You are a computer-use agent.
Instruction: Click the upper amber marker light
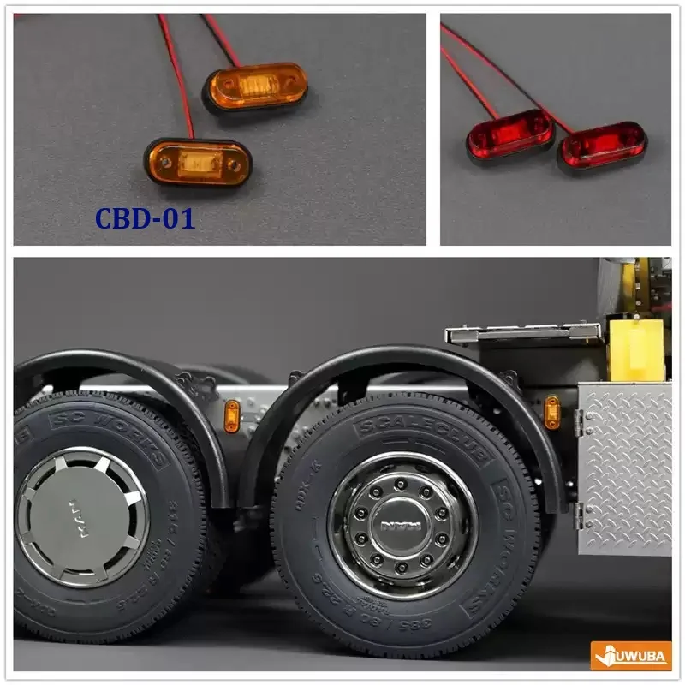coord(255,86)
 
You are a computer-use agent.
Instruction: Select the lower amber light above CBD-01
coord(198,162)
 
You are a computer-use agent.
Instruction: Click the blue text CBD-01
coord(145,218)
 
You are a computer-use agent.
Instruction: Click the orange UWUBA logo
coord(631,656)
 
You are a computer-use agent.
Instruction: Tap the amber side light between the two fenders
coord(232,416)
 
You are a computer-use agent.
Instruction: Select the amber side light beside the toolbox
coord(552,412)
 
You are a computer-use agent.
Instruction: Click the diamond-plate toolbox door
coord(625,468)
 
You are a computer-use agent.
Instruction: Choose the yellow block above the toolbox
coord(636,349)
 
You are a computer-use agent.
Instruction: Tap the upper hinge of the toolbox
coord(580,421)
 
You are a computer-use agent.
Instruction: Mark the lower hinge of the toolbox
coord(580,515)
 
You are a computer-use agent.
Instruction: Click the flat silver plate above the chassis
coord(522,332)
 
